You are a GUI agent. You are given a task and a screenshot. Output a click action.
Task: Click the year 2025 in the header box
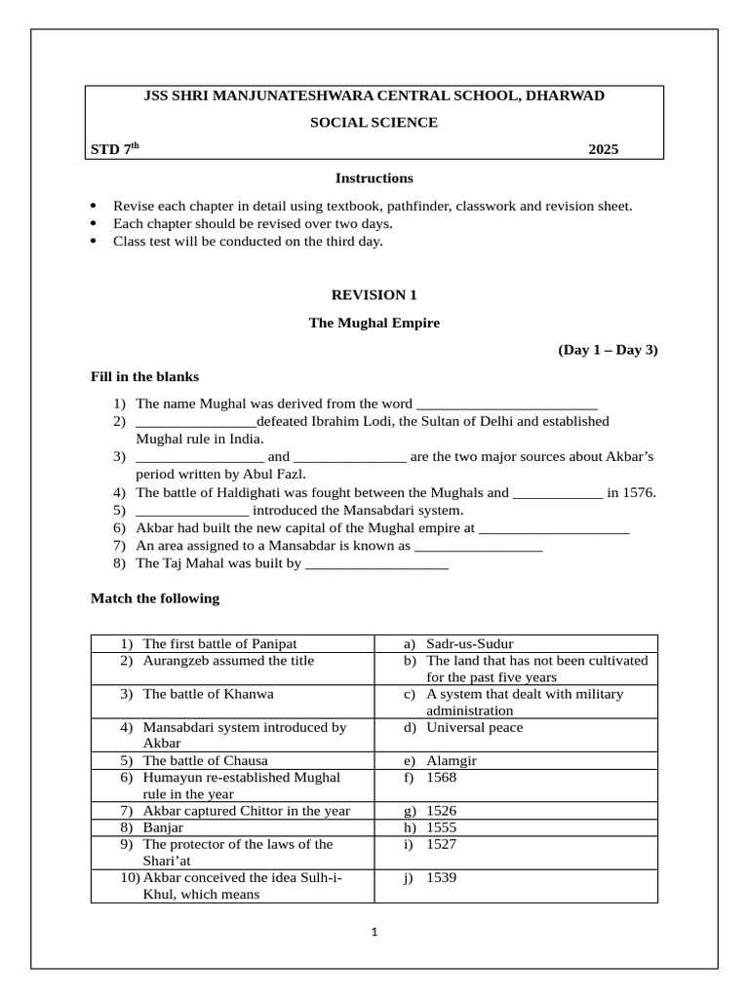[x=603, y=149]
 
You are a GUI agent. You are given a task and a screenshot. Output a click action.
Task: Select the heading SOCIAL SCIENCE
[x=374, y=122]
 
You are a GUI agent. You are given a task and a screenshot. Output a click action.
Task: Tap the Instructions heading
[x=374, y=178]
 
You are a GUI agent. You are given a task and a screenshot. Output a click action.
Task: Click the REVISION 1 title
[x=374, y=294]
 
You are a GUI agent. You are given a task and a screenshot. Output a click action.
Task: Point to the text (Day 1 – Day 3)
[x=608, y=350]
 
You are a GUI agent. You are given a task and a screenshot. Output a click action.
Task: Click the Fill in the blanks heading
[x=144, y=376]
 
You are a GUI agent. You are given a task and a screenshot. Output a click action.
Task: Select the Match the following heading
[x=155, y=598]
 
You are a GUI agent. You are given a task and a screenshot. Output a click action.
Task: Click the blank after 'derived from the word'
[x=506, y=404]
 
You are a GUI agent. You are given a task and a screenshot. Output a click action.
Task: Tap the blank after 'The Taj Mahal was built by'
[x=376, y=563]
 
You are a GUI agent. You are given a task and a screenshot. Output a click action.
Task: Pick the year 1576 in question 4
[x=639, y=492]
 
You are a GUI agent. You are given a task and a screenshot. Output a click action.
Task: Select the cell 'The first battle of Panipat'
[x=219, y=644]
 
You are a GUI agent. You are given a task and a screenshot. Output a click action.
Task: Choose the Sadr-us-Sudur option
[x=469, y=644]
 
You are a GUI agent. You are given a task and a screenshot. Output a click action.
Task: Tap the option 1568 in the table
[x=441, y=778]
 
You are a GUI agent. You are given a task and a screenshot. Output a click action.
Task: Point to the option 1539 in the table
[x=441, y=877]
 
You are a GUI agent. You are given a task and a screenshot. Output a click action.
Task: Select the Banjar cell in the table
[x=163, y=827]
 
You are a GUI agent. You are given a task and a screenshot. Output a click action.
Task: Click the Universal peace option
[x=474, y=727]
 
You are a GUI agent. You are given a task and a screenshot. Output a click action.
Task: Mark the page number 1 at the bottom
[x=374, y=932]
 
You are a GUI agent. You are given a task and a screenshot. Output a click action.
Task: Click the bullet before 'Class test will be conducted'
[x=94, y=241]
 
